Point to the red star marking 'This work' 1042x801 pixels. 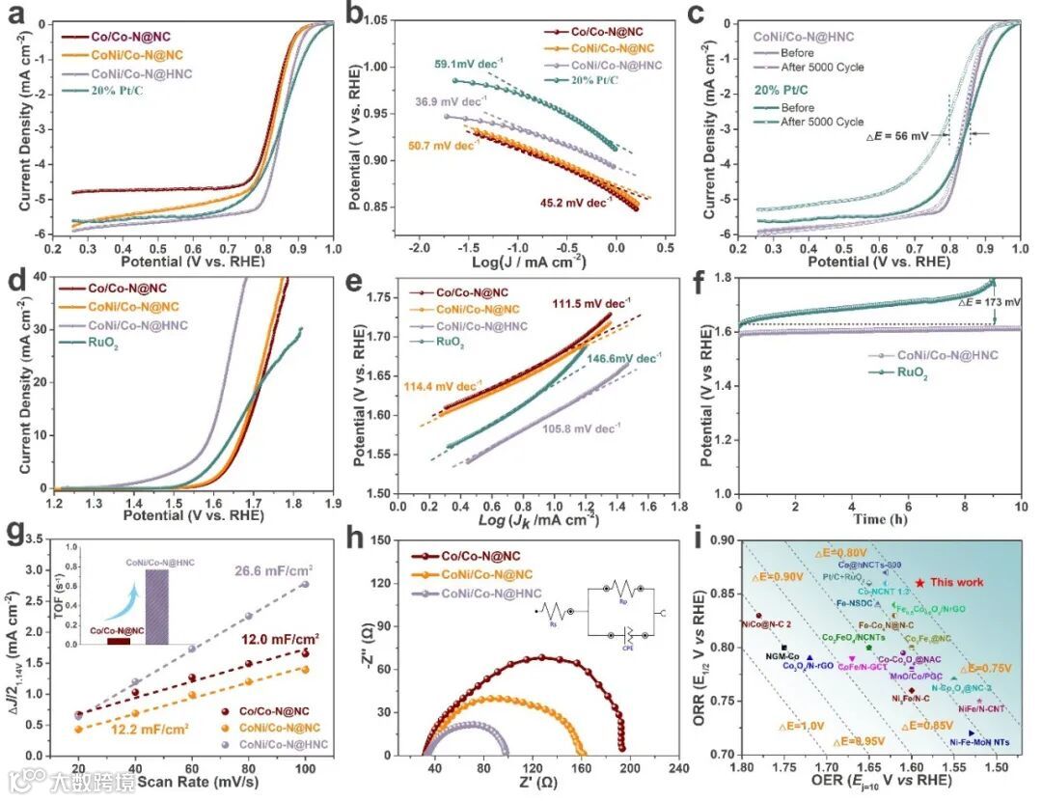919,582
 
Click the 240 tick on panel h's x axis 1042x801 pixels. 678,771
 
